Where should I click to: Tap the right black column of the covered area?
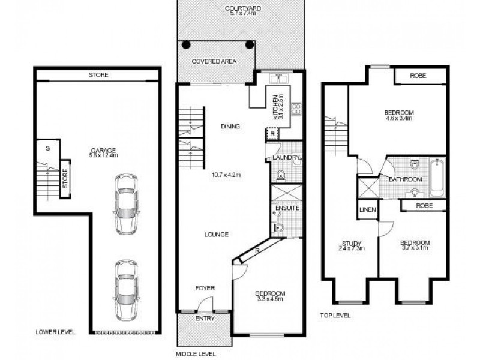[249, 45]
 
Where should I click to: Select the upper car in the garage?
[126, 204]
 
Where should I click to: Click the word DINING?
[230, 127]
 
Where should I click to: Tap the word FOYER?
[205, 289]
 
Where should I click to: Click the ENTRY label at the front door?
[205, 319]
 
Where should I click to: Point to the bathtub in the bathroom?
[437, 177]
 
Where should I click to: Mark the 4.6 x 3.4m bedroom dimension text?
[399, 118]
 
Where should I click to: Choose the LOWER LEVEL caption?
[55, 331]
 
